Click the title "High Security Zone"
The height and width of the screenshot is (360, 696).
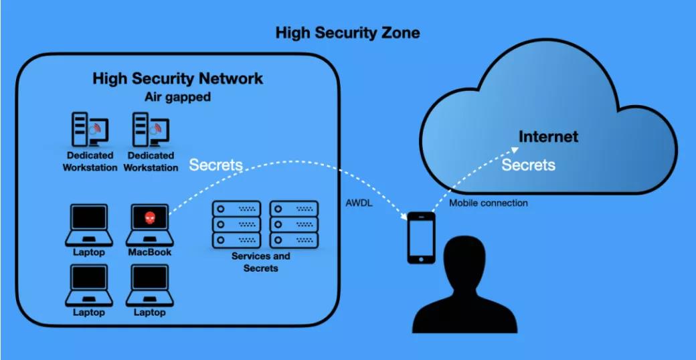point(347,33)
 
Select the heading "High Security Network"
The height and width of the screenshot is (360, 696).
point(177,78)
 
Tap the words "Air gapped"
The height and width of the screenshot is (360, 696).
point(177,97)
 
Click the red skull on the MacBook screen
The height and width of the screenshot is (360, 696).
point(150,217)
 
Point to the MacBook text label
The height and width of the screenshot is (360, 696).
point(150,252)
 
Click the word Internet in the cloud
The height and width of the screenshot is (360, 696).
point(548,137)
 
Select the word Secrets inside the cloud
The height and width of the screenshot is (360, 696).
point(528,165)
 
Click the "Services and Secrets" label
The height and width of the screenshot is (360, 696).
point(261,262)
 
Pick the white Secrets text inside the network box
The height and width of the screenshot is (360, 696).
point(215,165)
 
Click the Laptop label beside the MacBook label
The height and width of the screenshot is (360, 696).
point(89,252)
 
